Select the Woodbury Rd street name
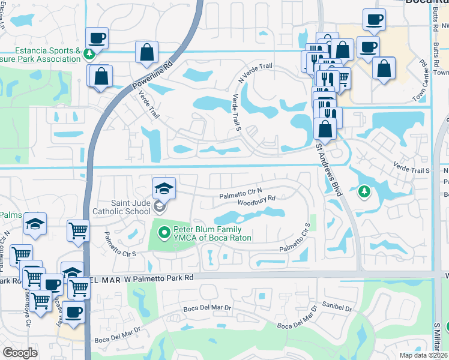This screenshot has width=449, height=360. click(256, 200)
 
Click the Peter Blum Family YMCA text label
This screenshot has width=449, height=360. click(208, 233)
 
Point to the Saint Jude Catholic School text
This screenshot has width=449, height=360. click(121, 207)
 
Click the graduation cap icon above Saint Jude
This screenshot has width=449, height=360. click(164, 188)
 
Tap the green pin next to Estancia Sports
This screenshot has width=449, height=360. click(89, 55)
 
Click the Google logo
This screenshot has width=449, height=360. click(20, 353)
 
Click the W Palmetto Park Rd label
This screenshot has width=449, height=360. click(153, 278)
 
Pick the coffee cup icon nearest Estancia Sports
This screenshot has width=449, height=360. click(97, 38)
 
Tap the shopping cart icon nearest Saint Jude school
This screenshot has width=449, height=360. click(78, 229)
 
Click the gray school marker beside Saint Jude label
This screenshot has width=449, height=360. click(159, 207)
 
